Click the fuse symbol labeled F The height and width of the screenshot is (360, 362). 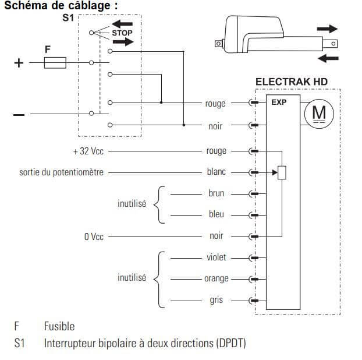(55, 62)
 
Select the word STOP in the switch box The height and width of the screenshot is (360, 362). (122, 33)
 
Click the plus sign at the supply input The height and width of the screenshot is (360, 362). (19, 62)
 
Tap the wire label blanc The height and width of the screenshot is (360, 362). (216, 172)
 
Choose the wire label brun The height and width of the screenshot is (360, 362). (216, 193)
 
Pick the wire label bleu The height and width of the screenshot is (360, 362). (216, 214)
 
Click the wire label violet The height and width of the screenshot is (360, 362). (216, 257)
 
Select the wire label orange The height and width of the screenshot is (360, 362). (216, 279)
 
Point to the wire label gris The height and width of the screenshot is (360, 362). (216, 301)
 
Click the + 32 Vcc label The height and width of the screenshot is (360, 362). (88, 151)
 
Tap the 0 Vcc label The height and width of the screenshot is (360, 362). (94, 237)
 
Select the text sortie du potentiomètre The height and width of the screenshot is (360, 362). (61, 172)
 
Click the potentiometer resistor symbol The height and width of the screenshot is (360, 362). (283, 172)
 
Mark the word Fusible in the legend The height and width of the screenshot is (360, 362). (59, 326)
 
